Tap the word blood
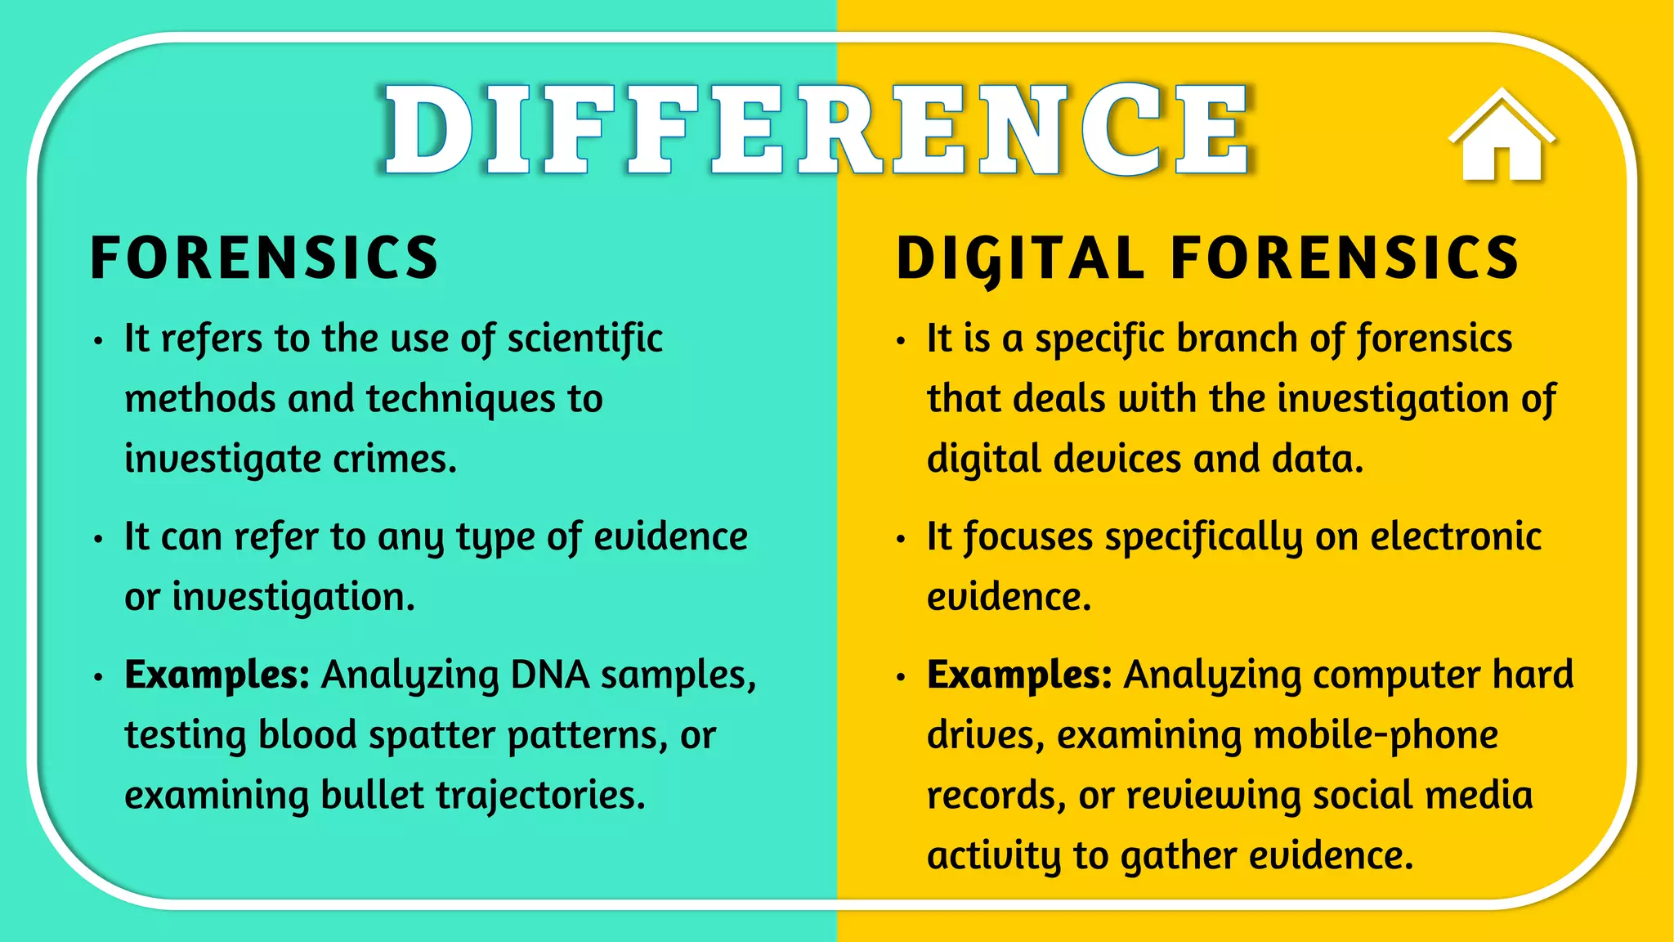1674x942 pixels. tap(307, 735)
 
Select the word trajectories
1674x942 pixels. tap(540, 796)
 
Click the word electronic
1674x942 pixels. tap(1456, 537)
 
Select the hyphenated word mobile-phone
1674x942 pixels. tap(1376, 735)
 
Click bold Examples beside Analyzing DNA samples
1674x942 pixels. tap(217, 675)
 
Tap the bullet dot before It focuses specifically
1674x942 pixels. tap(901, 539)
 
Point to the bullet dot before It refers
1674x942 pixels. tap(98, 340)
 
